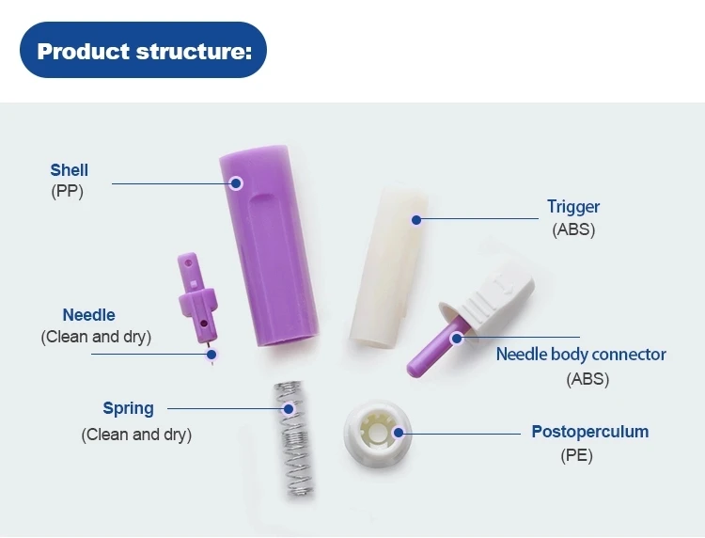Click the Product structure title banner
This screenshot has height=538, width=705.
click(144, 50)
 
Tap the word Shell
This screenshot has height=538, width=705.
click(70, 170)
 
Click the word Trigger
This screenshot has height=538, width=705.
click(573, 207)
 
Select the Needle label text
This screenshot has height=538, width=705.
click(89, 315)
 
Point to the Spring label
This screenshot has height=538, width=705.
click(128, 408)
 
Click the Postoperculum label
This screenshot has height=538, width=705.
click(589, 432)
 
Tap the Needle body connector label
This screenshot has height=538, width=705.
click(581, 355)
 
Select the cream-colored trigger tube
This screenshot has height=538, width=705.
click(385, 268)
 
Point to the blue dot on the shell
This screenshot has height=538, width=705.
click(237, 182)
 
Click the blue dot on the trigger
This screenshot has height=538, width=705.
click(415, 220)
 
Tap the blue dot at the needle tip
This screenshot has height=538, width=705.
click(211, 355)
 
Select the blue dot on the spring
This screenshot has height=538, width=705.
click(288, 409)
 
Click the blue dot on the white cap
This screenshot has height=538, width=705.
click(399, 434)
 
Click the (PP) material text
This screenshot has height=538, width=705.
click(67, 193)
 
